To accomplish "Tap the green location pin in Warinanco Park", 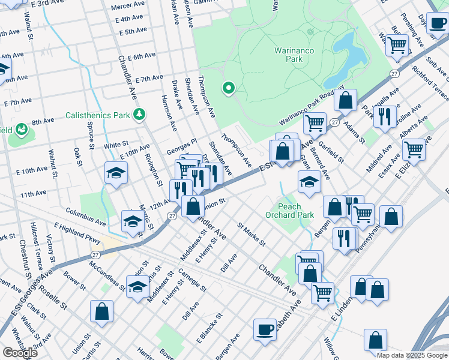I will (228, 89).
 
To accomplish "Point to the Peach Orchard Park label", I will (289, 211).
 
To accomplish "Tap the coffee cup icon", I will (265, 329).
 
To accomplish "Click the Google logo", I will (20, 353).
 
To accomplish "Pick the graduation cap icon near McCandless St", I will (137, 286).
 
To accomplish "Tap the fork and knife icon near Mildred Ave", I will (384, 115).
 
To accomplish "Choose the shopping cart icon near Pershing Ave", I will (397, 45).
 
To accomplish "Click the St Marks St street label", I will (251, 234).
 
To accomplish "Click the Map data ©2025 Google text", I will (411, 355).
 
